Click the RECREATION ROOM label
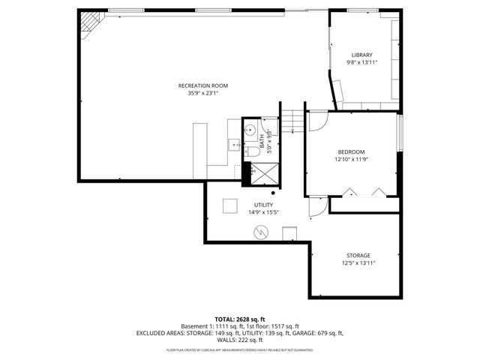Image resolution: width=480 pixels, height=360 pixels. click(x=202, y=85)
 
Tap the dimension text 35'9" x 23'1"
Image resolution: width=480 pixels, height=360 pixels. click(x=202, y=94)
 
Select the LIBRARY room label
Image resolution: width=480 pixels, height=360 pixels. click(x=361, y=55)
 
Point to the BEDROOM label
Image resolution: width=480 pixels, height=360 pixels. click(x=352, y=151)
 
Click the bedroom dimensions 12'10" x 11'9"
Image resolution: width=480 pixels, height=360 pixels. click(x=352, y=159)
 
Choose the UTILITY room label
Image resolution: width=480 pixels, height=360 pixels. click(x=263, y=205)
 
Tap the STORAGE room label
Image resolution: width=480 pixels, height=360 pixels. click(x=358, y=255)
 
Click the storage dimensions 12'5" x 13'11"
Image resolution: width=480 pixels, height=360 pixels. click(x=358, y=263)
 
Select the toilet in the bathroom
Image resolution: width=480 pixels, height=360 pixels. click(x=253, y=151)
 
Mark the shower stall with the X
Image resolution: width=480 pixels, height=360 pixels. click(x=262, y=172)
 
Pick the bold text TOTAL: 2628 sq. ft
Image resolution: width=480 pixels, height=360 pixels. click(x=239, y=319)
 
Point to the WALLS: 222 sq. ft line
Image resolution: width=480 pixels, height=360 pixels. click(x=239, y=340)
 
